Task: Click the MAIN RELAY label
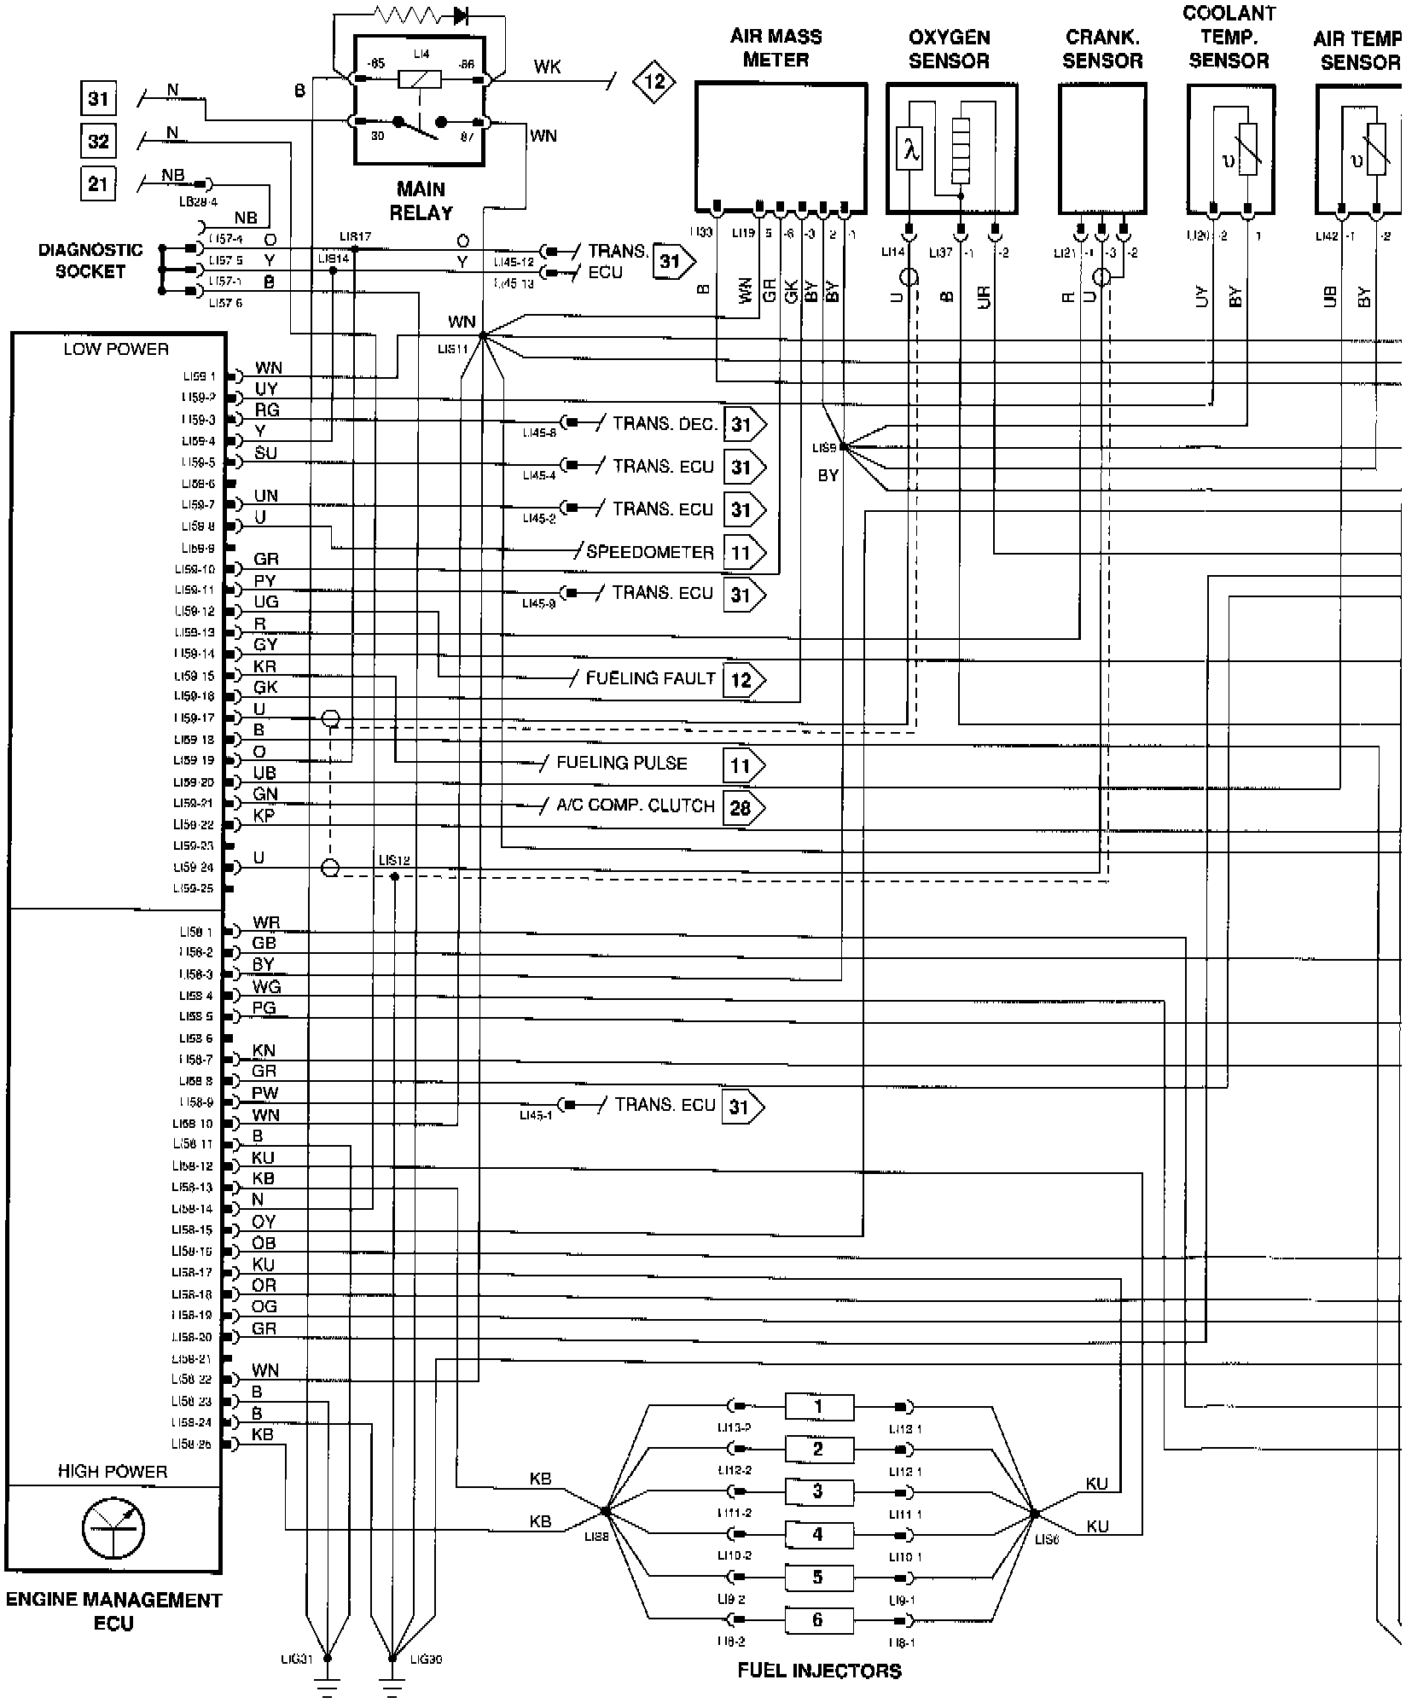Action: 421,201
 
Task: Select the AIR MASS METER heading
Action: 776,48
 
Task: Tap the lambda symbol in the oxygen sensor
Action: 912,152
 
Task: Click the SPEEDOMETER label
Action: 650,552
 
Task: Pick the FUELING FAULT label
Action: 650,679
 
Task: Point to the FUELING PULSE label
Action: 621,764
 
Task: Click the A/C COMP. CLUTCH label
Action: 635,806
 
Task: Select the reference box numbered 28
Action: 741,807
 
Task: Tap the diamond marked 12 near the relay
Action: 654,82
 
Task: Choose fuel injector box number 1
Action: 817,1407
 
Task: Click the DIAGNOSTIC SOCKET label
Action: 90,260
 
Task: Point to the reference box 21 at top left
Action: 98,183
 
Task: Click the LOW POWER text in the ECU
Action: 116,349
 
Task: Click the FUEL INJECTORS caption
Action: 819,1671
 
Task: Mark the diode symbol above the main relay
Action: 462,15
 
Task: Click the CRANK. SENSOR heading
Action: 1102,49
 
